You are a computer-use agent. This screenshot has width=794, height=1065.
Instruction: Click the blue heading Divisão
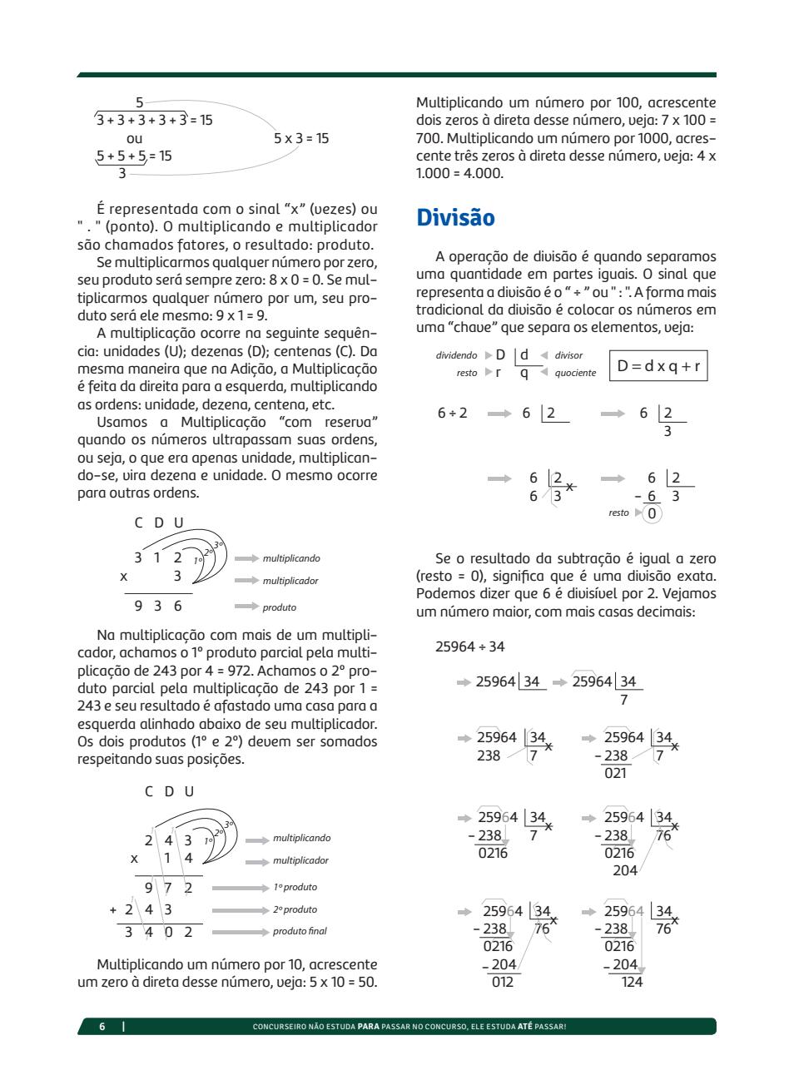click(x=455, y=218)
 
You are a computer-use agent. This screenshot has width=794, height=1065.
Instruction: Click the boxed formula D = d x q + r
click(x=658, y=365)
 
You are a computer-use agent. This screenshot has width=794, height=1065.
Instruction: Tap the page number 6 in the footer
click(x=102, y=1027)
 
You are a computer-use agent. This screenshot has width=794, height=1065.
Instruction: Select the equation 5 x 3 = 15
click(x=301, y=138)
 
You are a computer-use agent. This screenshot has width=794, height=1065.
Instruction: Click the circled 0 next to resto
click(x=653, y=513)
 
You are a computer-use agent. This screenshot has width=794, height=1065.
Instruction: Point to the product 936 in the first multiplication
click(x=158, y=607)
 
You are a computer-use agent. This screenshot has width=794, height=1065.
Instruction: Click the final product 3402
click(x=158, y=932)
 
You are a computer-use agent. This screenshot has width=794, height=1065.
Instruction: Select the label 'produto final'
click(x=300, y=932)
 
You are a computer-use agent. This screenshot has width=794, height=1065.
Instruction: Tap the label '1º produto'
click(x=295, y=888)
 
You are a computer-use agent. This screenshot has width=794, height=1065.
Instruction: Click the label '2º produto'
click(x=295, y=909)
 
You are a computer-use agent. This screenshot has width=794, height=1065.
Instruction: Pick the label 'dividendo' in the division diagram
click(x=457, y=355)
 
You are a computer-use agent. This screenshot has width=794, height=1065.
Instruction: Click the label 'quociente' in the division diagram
click(x=575, y=374)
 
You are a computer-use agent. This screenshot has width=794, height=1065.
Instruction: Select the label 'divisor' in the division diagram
click(x=568, y=355)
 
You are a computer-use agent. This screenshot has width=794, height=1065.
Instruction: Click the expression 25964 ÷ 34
click(x=469, y=646)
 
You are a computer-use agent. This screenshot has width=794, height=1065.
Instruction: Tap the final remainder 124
click(x=632, y=982)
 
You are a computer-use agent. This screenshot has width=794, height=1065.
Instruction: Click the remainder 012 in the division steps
click(x=502, y=982)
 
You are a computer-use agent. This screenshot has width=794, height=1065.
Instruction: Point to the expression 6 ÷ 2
click(x=452, y=413)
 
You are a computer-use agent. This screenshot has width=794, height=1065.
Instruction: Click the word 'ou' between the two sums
click(x=134, y=138)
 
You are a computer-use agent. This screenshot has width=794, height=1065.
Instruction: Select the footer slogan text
click(x=409, y=1027)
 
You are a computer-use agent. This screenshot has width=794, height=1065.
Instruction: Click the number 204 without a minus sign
click(x=624, y=870)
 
